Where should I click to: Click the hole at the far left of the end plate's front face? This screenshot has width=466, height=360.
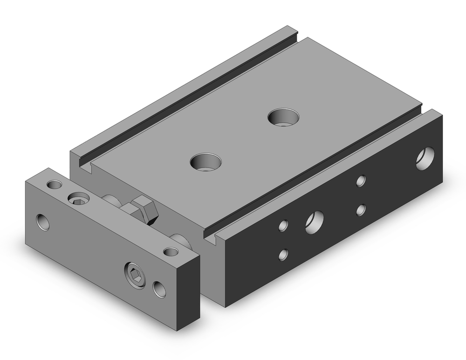coord(43,222)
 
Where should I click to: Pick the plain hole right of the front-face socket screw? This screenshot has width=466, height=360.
coord(160,289)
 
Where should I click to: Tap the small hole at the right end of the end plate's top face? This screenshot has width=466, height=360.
coord(171,252)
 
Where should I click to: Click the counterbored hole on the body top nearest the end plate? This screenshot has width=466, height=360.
coord(206,161)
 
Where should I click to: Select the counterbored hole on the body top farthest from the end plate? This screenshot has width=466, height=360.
coord(284,116)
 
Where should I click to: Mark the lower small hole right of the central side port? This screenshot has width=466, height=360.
coord(361,210)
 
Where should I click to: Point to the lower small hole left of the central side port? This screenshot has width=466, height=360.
coord(283,255)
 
